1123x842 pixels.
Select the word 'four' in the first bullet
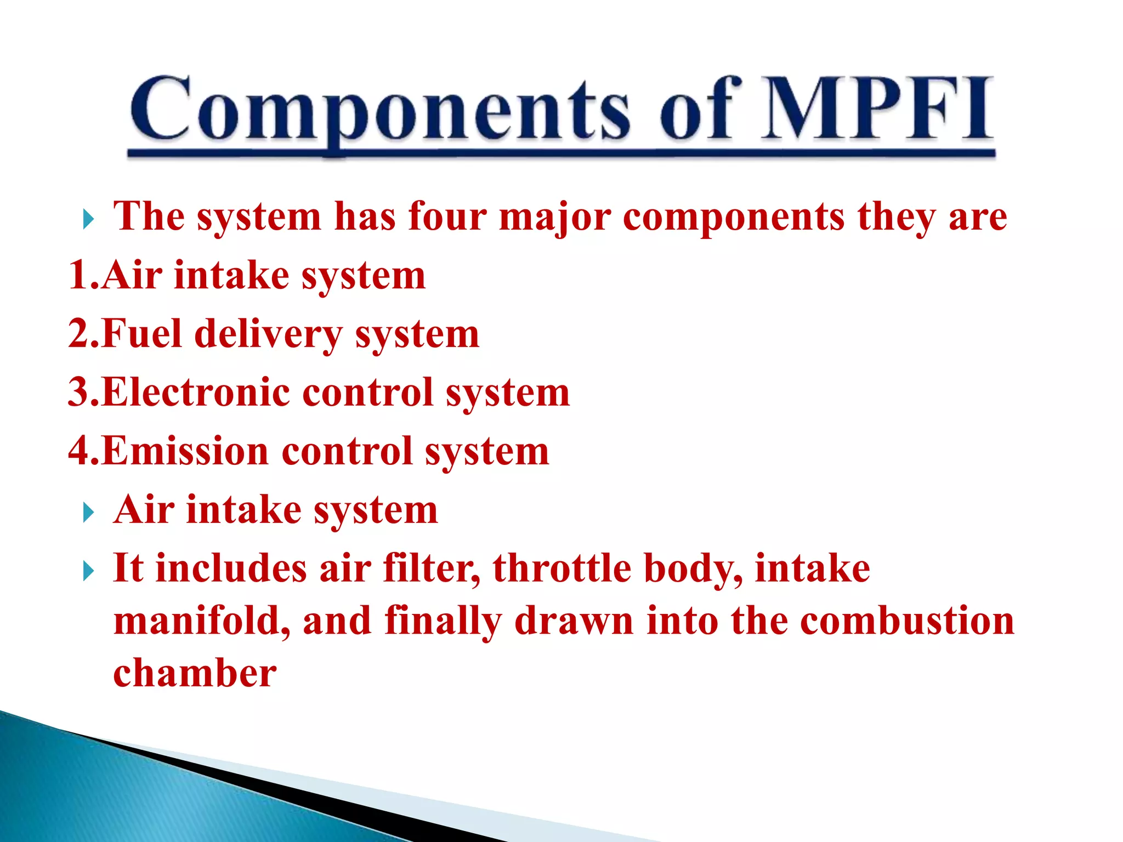click(x=447, y=217)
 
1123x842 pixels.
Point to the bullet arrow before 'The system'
click(x=88, y=220)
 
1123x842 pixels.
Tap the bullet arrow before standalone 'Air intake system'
click(x=88, y=514)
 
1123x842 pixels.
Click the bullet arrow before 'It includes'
click(x=88, y=572)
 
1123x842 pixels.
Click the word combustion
click(x=907, y=621)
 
